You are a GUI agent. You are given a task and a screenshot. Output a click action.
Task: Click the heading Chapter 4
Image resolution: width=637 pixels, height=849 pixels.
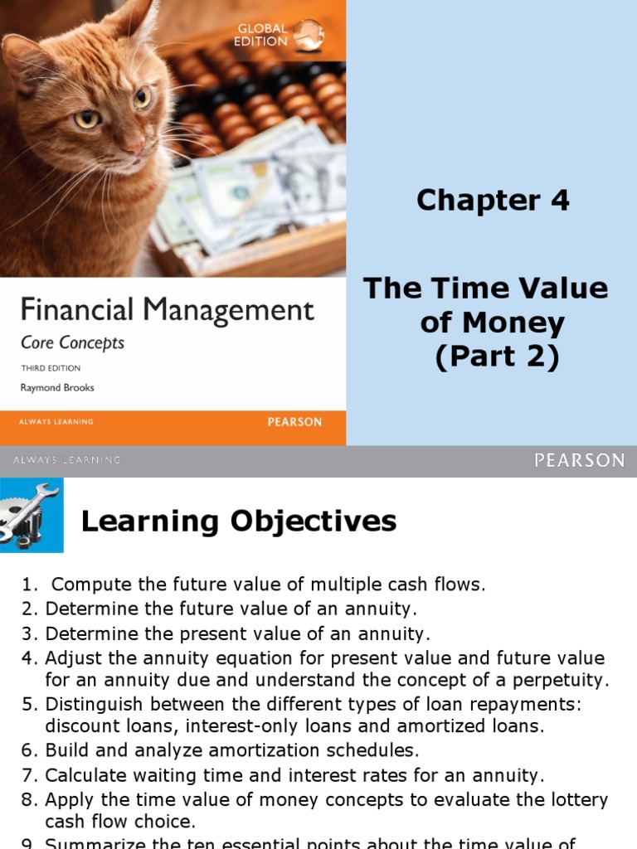point(493,200)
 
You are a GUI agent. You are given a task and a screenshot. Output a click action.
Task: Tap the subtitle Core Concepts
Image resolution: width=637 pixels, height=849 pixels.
point(73,342)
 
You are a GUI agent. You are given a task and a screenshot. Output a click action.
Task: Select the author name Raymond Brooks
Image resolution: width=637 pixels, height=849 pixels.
point(57,387)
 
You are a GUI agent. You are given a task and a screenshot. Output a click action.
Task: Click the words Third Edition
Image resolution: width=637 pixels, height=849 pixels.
point(51,368)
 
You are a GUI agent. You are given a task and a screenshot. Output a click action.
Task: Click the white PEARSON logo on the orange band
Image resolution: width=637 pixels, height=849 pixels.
point(294,421)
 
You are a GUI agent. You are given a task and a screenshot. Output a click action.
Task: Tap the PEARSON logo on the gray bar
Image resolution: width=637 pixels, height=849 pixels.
point(580,460)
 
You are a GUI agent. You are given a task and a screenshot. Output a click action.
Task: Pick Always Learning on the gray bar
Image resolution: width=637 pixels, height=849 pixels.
point(67,460)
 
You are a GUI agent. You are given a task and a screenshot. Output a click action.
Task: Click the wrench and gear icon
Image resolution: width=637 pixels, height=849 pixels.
point(30,513)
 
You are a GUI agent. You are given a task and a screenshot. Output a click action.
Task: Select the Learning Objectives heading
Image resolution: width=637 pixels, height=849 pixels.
point(239,522)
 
